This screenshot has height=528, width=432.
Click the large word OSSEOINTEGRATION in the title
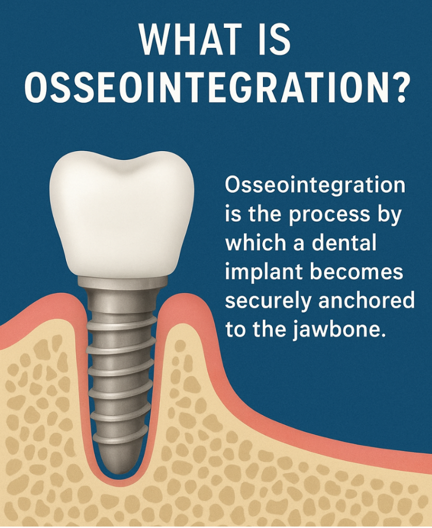(207, 86)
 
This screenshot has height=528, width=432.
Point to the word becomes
(357, 271)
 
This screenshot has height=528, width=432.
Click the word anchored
(366, 300)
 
